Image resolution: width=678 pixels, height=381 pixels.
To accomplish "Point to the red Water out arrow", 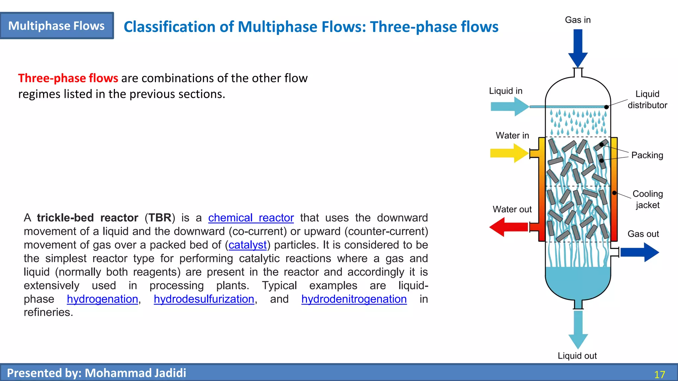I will (x=508, y=227).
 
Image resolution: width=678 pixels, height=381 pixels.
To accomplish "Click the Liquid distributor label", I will (x=647, y=100).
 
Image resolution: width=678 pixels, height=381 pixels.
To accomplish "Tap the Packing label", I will (x=647, y=155).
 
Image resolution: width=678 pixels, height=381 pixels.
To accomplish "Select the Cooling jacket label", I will (x=648, y=199).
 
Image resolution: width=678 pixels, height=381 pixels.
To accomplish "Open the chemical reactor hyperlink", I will (x=251, y=218).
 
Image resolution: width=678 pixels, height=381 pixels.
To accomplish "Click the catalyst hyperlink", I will (x=247, y=245).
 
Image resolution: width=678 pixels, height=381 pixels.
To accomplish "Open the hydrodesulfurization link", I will (x=204, y=299).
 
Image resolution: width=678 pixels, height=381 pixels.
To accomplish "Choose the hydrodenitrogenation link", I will (x=354, y=299).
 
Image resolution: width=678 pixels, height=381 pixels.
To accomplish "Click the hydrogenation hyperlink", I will (x=102, y=299).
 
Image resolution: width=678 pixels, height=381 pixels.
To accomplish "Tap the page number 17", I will (x=659, y=374).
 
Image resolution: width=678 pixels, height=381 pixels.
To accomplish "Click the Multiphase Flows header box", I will (x=57, y=26).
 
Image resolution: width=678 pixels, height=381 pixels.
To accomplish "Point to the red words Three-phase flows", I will (x=68, y=78).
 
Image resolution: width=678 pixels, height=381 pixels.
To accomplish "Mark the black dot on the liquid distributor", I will (x=606, y=107).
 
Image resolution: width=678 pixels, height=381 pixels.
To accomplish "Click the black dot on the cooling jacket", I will (x=614, y=193).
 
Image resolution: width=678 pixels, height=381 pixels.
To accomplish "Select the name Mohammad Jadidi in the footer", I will (x=135, y=373).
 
